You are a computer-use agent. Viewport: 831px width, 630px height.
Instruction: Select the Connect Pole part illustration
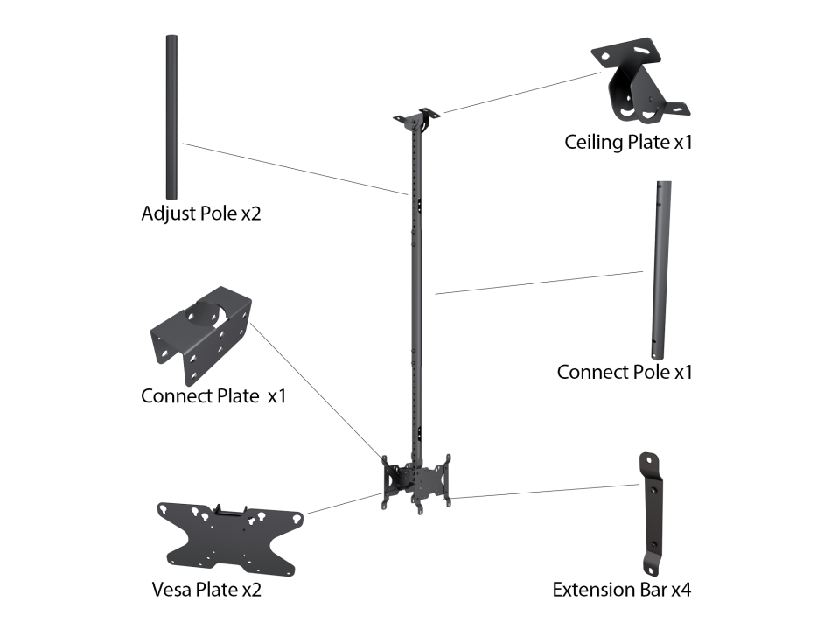point(662,268)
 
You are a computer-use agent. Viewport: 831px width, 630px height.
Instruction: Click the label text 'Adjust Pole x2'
point(200,214)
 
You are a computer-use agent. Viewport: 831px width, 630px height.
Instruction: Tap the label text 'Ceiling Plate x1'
point(628,142)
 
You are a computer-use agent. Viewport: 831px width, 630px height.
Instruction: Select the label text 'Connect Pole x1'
point(625,372)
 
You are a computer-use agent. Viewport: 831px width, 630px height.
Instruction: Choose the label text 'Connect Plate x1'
point(213,396)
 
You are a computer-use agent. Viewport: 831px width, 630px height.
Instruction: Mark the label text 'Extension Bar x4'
point(621,590)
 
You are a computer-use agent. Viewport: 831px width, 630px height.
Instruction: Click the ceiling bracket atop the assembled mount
point(419,120)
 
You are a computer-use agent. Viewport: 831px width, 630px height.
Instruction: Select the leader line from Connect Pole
point(538,283)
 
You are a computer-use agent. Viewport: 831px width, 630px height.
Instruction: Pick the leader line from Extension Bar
point(542,492)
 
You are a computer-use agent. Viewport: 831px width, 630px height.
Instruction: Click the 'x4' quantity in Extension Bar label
point(681,590)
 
